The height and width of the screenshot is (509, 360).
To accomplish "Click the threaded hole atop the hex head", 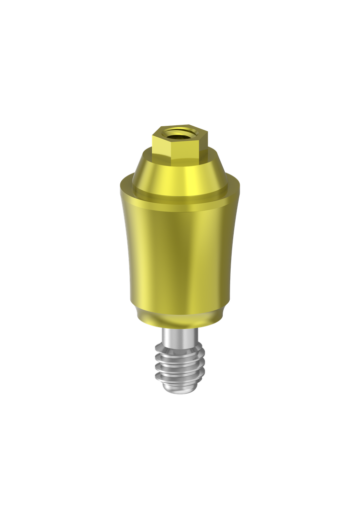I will coord(179,133).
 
